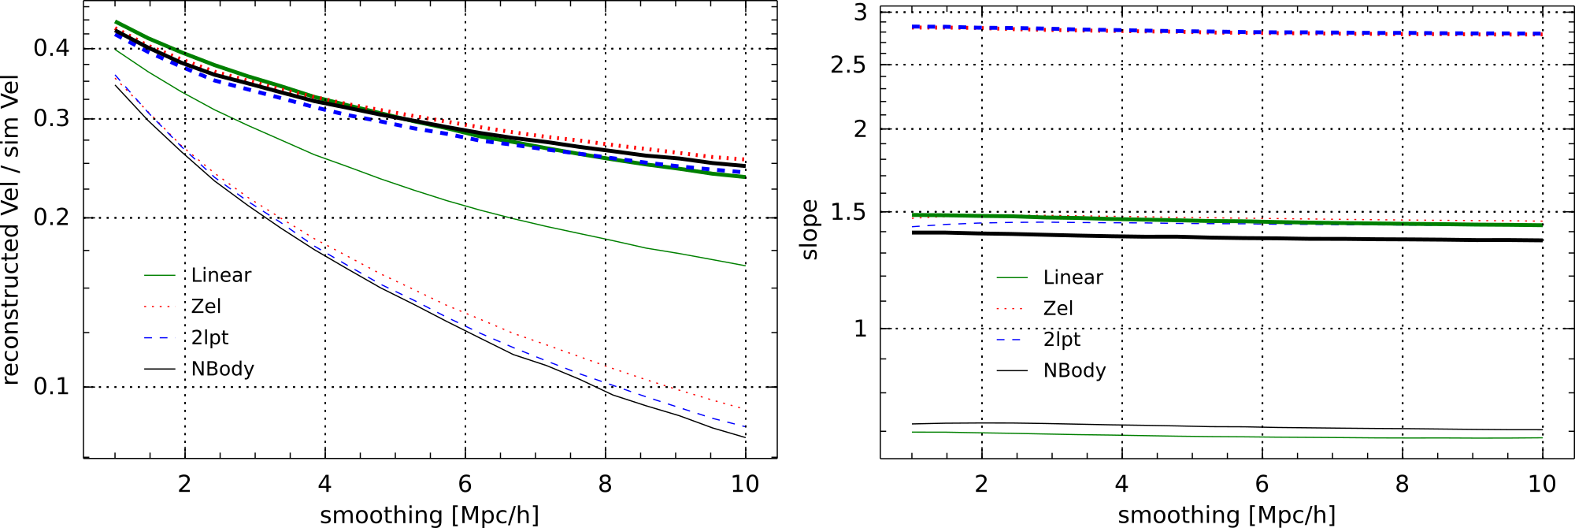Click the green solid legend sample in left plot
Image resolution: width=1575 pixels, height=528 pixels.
pyautogui.click(x=160, y=276)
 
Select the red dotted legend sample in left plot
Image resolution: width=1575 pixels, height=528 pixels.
pyautogui.click(x=160, y=307)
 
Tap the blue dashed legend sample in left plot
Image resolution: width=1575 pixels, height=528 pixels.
pyautogui.click(x=160, y=338)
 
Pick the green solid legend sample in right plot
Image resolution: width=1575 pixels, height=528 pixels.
pyautogui.click(x=1012, y=277)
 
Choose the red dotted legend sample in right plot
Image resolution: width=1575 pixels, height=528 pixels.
pyautogui.click(x=1010, y=308)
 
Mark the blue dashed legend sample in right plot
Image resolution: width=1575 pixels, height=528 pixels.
pyautogui.click(x=1009, y=340)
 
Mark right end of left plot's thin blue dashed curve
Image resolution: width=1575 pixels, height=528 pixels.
pyautogui.click(x=744, y=426)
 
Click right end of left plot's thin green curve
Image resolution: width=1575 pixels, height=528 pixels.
pyautogui.click(x=745, y=266)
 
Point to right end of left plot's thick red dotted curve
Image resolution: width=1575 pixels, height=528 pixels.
pyautogui.click(x=743, y=159)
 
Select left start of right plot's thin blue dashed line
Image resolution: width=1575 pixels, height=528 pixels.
pyautogui.click(x=913, y=227)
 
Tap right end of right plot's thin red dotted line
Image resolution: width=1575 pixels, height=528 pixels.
pyautogui.click(x=1541, y=221)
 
